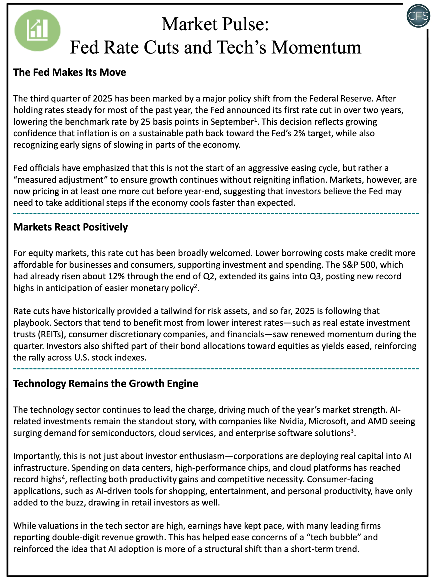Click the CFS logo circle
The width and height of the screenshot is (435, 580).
pos(418,16)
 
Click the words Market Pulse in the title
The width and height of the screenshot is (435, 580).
pos(215,24)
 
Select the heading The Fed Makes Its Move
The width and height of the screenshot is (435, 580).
pos(69,72)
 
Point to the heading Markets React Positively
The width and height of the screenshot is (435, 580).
pos(70,227)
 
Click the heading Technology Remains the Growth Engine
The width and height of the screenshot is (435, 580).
pos(106,383)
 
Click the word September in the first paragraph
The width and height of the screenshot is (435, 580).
pos(232,122)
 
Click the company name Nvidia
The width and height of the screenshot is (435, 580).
pos(292,421)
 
